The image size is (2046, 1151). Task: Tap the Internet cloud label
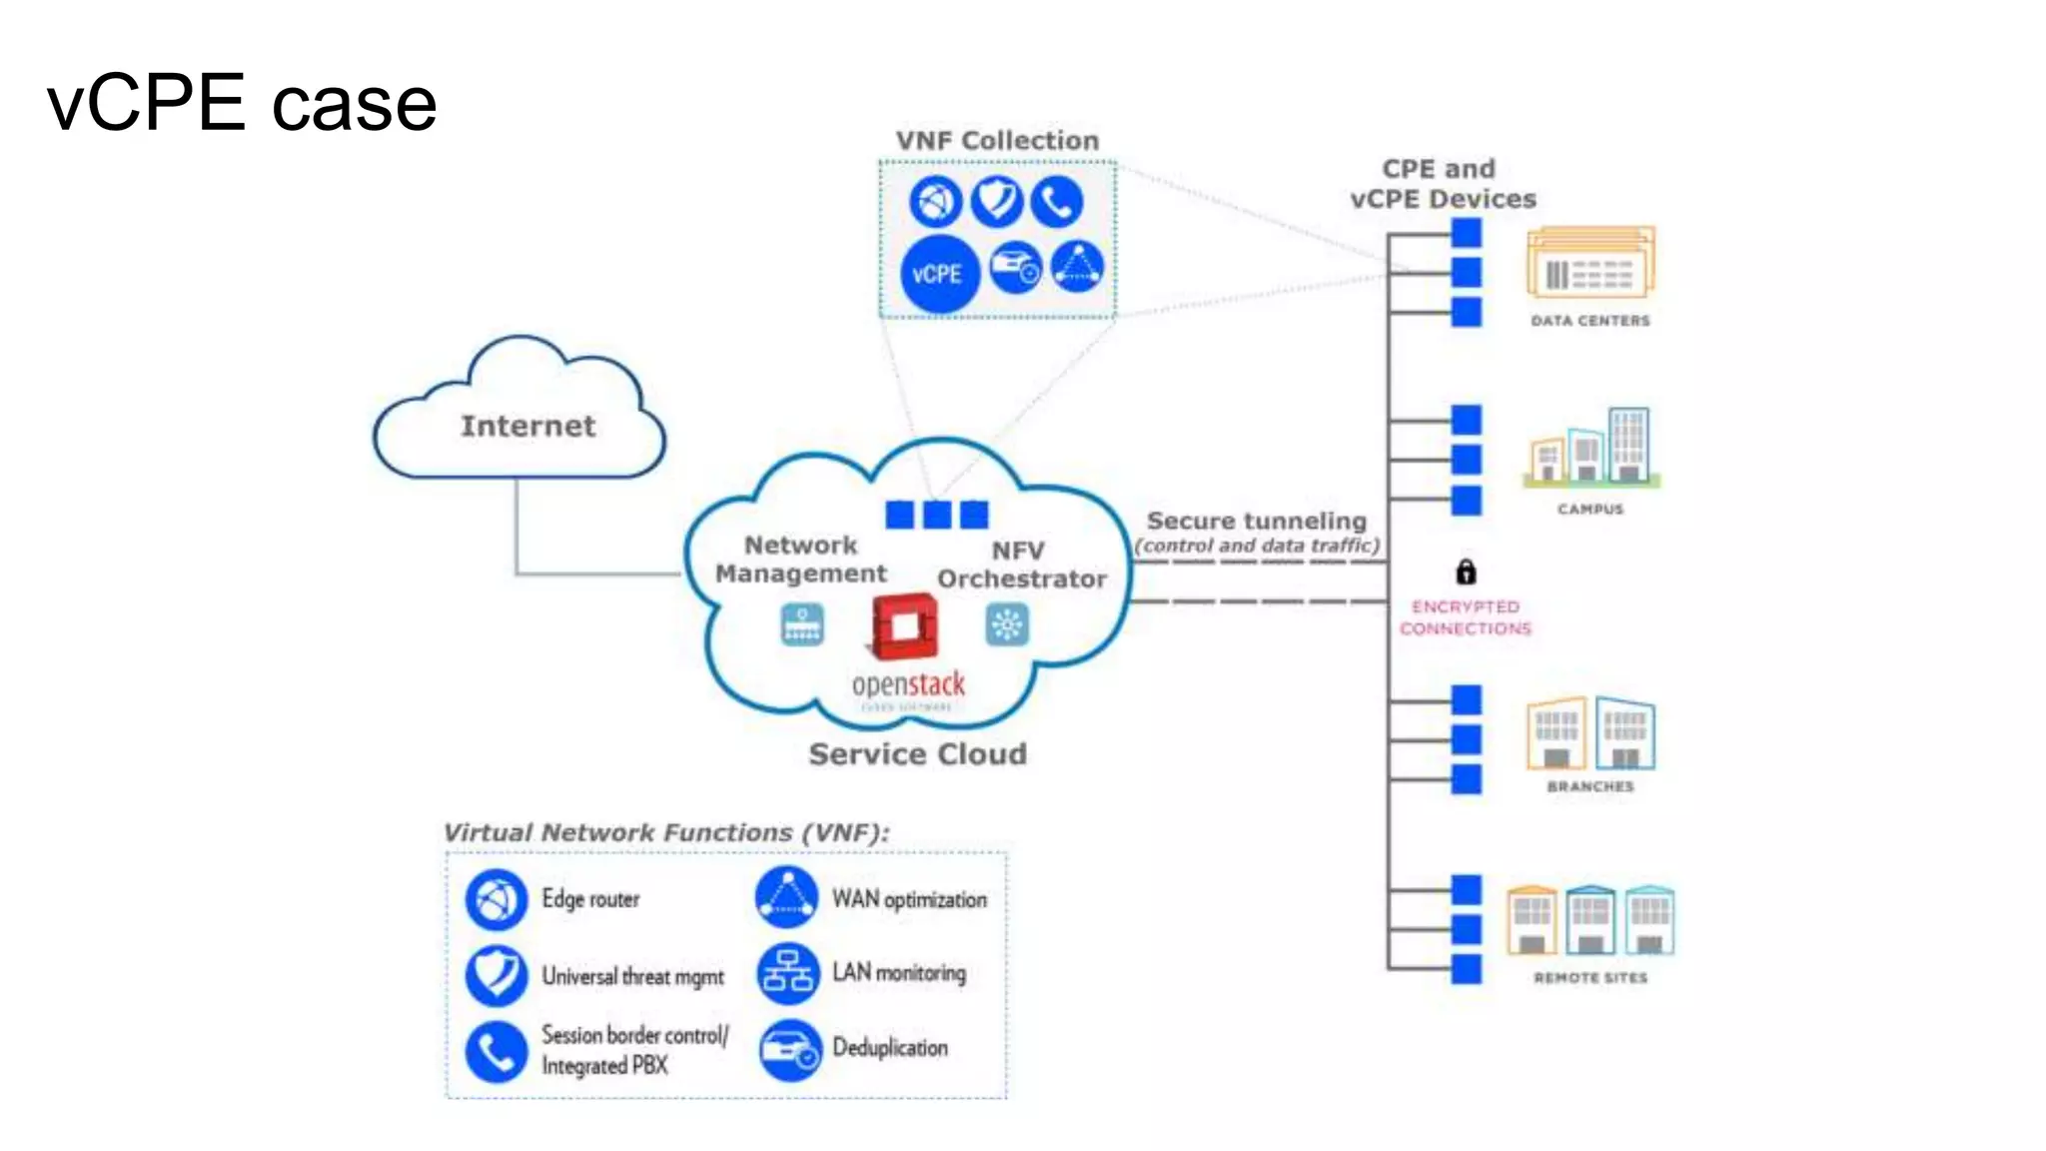tap(527, 426)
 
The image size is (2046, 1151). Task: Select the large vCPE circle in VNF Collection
tap(938, 274)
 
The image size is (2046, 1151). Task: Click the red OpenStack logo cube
tap(904, 627)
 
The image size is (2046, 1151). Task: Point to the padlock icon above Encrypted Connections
tap(1466, 572)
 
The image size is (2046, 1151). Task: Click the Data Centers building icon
tap(1590, 263)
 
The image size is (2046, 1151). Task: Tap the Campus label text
tap(1590, 509)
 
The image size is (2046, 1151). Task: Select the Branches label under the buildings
tap(1590, 786)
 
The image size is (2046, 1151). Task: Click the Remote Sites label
tap(1590, 977)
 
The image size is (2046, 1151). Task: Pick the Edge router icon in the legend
tap(496, 899)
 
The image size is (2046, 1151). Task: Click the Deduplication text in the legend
tap(890, 1047)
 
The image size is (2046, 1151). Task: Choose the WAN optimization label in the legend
tap(909, 899)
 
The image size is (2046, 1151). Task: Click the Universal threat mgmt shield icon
tap(496, 975)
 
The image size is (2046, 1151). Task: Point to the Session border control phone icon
tap(496, 1051)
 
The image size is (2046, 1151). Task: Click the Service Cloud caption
tap(917, 754)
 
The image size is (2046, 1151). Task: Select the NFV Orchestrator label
tap(1021, 565)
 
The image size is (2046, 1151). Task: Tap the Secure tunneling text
tap(1256, 521)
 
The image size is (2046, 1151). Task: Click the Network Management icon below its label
tap(802, 625)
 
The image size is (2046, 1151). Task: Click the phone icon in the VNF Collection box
tap(1057, 201)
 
